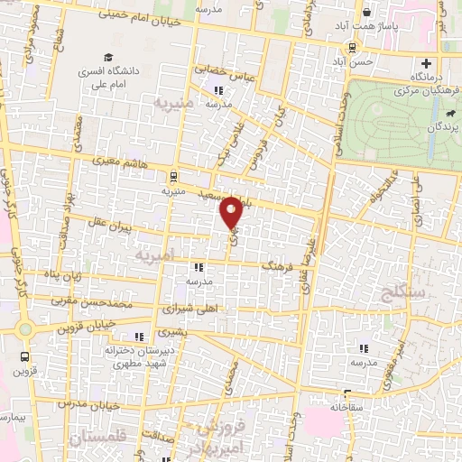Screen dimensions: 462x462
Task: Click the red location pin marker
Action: click(x=232, y=213)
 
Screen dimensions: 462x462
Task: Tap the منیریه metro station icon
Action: click(x=172, y=177)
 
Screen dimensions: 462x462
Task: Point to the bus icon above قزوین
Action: click(x=23, y=356)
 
